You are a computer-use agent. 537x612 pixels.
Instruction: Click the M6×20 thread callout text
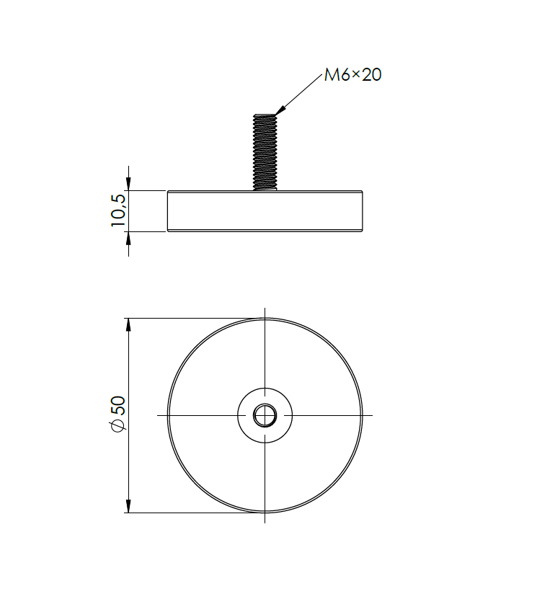(x=352, y=75)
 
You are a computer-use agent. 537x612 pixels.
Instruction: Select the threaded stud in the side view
(x=265, y=151)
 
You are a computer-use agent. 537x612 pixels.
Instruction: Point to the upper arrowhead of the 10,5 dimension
(x=129, y=184)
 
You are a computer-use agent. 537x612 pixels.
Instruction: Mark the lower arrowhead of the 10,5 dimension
(x=129, y=239)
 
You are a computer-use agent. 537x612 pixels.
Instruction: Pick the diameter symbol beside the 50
(x=118, y=426)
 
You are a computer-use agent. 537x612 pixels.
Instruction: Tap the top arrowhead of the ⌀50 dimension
(x=129, y=325)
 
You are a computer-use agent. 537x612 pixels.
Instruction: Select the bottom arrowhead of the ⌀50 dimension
(x=129, y=506)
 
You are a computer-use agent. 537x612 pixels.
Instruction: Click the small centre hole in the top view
(x=265, y=414)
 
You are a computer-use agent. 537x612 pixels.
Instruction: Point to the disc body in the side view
(x=265, y=211)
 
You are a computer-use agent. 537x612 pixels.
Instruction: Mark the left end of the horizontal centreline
(x=159, y=415)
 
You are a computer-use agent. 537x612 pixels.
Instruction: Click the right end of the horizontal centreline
(x=371, y=415)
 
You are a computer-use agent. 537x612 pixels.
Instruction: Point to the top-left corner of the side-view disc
(x=169, y=192)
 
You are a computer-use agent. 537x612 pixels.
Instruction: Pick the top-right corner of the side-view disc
(x=362, y=192)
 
